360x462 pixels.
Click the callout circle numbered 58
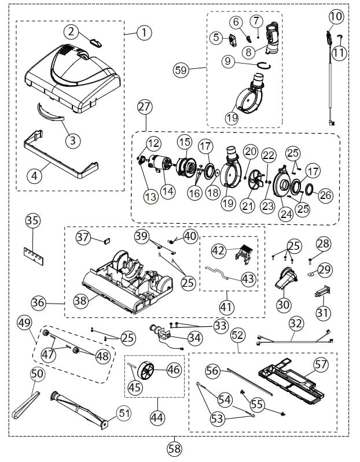pyautogui.click(x=174, y=448)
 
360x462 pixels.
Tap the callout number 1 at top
pyautogui.click(x=143, y=32)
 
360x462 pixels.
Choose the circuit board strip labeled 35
pyautogui.click(x=32, y=253)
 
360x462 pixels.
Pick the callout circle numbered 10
pyautogui.click(x=336, y=16)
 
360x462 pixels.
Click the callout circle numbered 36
pyautogui.click(x=38, y=302)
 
